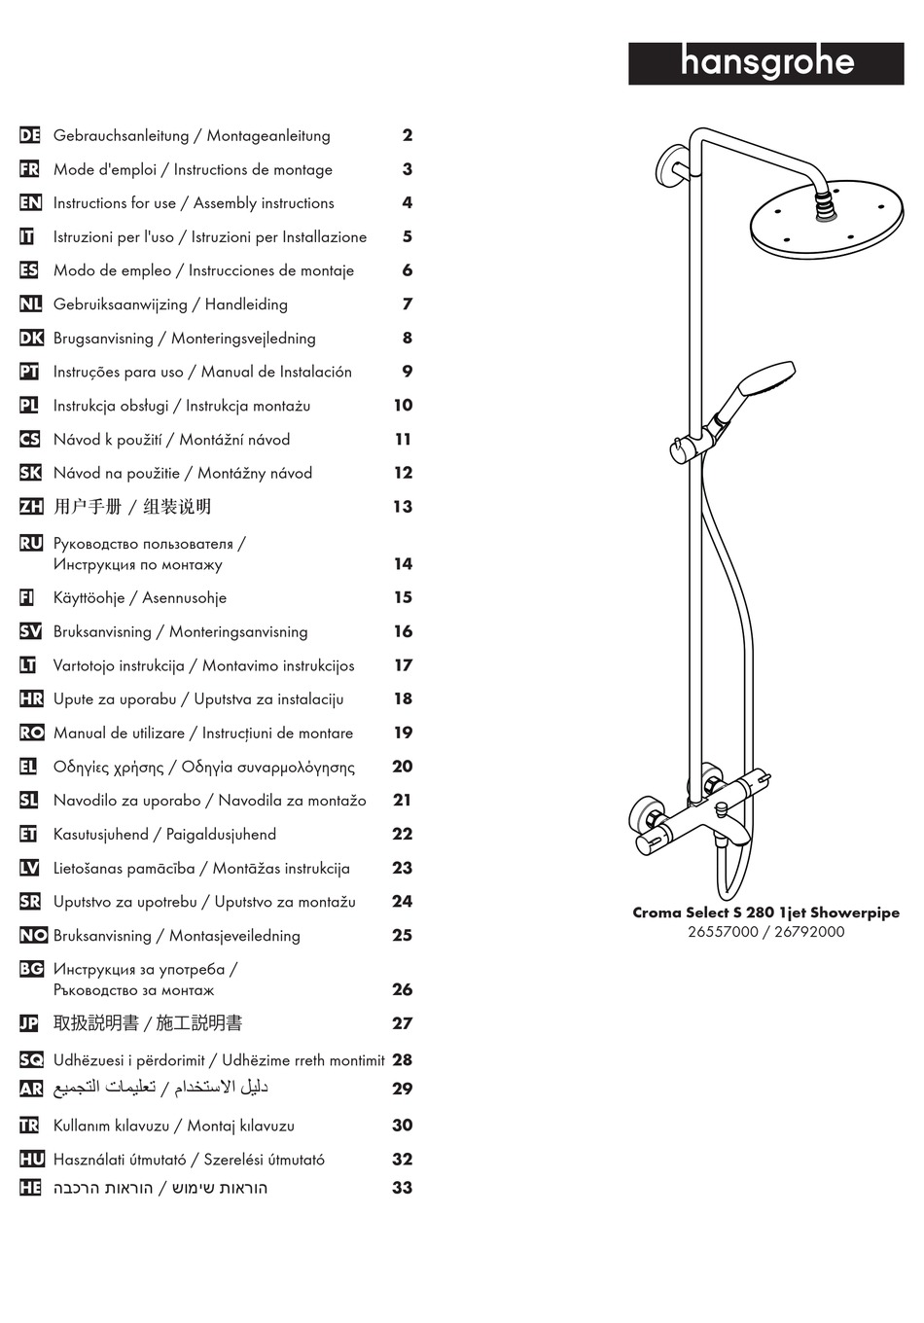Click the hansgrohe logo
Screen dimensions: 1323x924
765,63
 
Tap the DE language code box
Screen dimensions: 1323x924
30,135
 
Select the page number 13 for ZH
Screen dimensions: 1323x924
403,507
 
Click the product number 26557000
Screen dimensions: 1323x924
722,932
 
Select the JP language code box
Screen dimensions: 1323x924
30,1023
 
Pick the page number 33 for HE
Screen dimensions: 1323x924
403,1188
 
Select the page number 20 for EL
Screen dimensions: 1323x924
403,767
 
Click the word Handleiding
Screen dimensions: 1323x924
246,304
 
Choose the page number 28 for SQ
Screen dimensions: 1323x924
403,1060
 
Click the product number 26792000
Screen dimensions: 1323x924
809,932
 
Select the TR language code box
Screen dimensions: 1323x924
30,1126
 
